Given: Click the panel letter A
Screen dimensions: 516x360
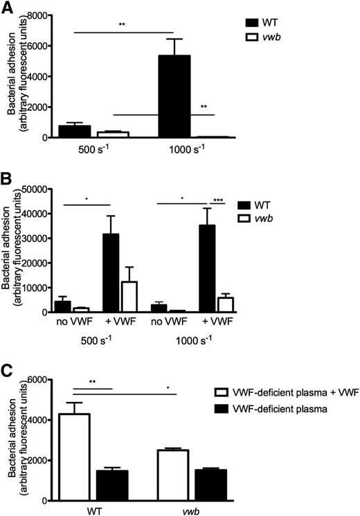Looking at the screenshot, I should pos(6,7).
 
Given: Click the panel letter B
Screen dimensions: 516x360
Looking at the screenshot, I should pos(6,183).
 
